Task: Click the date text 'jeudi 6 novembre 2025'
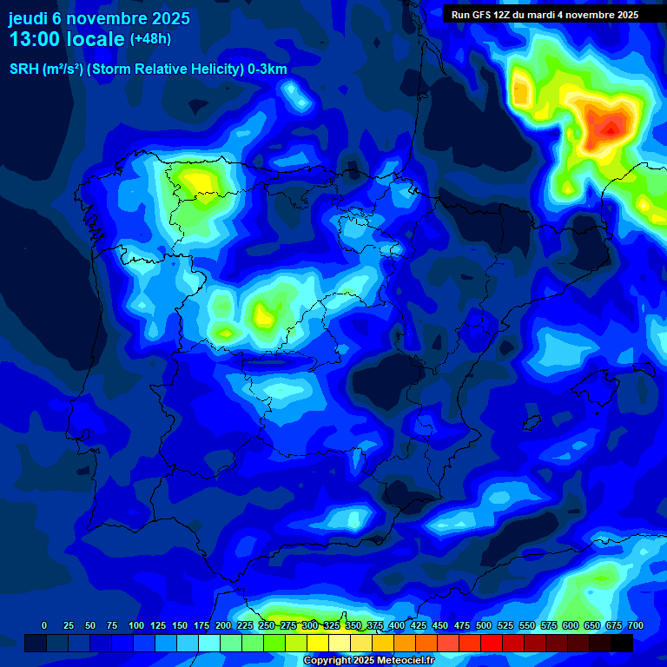coord(99,18)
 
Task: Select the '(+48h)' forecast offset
coord(150,39)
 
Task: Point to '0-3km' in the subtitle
coord(267,69)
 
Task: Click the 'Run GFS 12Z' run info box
coord(545,15)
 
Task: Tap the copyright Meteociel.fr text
coord(368,661)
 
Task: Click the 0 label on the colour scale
coord(44,625)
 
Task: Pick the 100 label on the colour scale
coord(135,625)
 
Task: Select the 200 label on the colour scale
coord(222,625)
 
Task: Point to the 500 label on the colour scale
coord(484,625)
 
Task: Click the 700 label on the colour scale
coord(635,625)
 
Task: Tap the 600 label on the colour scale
coord(571,625)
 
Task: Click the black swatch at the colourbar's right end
coord(622,643)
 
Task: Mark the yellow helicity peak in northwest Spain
coord(198,182)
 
